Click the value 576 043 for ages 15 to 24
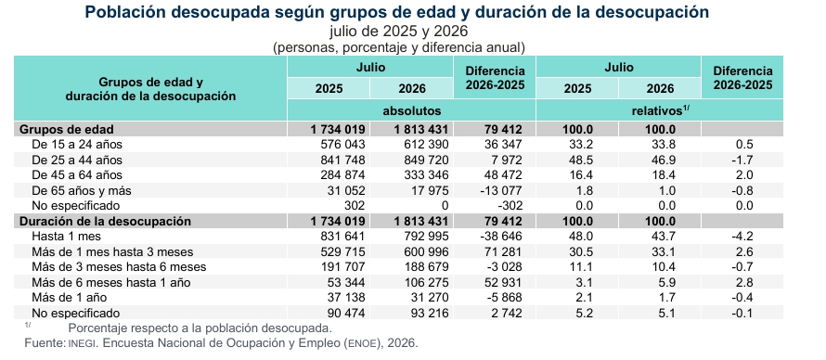(x=340, y=144)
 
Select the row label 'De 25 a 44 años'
(x=77, y=160)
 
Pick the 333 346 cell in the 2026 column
(x=423, y=175)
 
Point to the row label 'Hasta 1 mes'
(x=67, y=237)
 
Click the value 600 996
(x=423, y=251)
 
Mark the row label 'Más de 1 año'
(x=70, y=298)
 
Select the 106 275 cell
(x=423, y=283)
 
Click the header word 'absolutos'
(x=412, y=111)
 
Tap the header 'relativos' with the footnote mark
(x=661, y=110)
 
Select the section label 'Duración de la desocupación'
(x=106, y=221)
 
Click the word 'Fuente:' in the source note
(x=45, y=343)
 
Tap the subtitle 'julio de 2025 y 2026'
(x=399, y=31)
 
